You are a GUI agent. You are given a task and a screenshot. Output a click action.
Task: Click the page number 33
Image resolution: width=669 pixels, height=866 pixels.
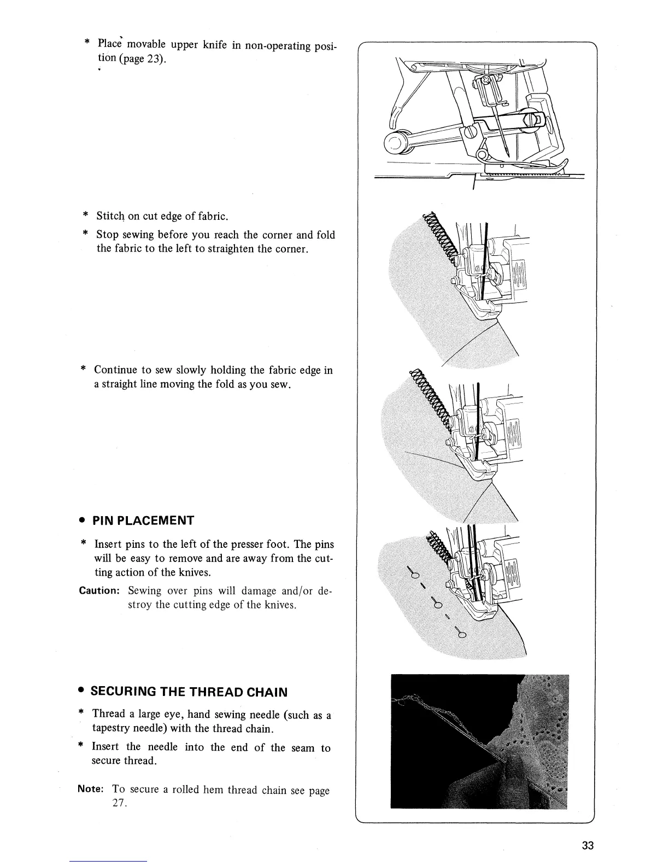point(588,845)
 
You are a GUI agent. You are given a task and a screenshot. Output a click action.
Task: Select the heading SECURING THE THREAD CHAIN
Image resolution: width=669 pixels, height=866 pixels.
point(188,692)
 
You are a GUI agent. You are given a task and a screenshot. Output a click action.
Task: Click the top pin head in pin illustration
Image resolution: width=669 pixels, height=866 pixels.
point(414,574)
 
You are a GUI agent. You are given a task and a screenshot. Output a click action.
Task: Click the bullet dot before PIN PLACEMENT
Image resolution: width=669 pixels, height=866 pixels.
point(80,520)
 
